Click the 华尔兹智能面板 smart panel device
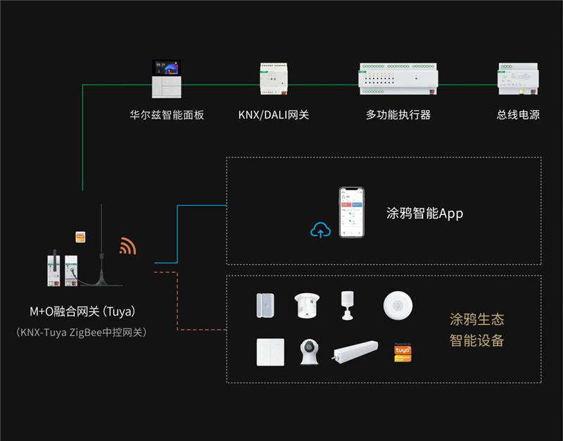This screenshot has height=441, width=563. (167, 79)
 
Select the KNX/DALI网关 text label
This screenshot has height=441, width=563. (274, 114)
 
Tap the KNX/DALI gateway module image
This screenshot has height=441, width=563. (274, 80)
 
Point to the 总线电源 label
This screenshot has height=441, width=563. (518, 114)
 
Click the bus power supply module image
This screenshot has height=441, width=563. (518, 80)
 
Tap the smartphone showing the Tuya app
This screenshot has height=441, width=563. (352, 213)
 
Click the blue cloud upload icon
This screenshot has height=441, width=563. (320, 230)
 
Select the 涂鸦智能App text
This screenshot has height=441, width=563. (425, 213)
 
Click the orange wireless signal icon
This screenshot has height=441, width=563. (127, 246)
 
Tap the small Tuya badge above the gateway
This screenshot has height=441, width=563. (81, 237)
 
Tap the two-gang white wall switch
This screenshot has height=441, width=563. (270, 352)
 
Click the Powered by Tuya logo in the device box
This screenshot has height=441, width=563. (403, 352)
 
